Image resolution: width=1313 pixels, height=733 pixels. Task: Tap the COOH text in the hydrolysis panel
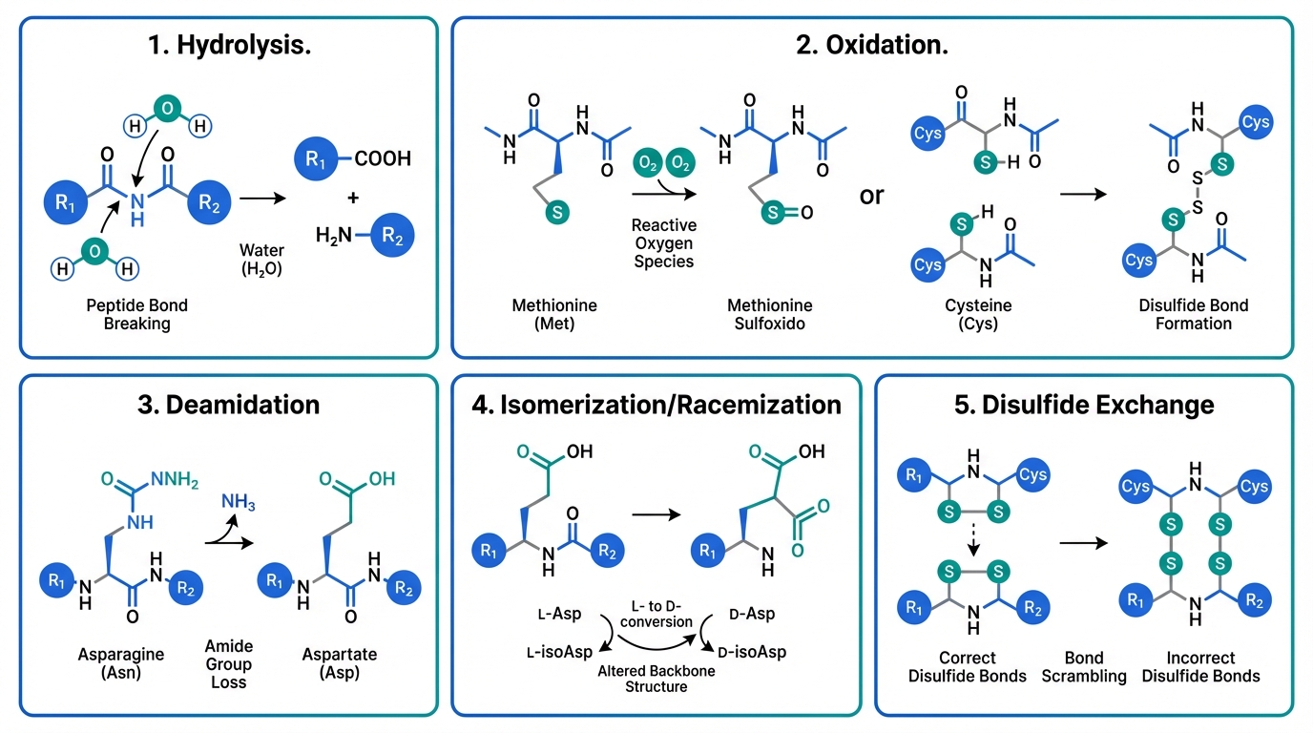[x=382, y=158]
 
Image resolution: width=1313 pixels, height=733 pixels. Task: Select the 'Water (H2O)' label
[x=261, y=260]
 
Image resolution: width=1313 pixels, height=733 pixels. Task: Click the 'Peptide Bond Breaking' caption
[x=137, y=314]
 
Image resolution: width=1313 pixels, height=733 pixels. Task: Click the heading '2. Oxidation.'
[x=872, y=45]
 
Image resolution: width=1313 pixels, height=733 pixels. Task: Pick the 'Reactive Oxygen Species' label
[x=664, y=242]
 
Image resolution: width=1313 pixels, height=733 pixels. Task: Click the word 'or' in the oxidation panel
[x=871, y=196]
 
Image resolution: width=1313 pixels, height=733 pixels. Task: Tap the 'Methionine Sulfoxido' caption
[x=770, y=314]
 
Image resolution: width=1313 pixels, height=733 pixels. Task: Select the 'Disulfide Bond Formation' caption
[x=1194, y=314]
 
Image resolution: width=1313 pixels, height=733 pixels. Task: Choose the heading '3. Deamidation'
[x=228, y=404]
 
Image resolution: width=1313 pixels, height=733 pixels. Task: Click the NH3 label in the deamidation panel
[x=239, y=501]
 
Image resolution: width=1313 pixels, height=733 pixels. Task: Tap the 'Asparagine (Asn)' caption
[x=121, y=663]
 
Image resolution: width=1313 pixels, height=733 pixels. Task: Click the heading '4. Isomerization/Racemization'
[x=656, y=404]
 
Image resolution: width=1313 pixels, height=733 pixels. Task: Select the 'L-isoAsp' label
[x=558, y=651]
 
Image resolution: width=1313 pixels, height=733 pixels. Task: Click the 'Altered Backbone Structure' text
[x=657, y=678]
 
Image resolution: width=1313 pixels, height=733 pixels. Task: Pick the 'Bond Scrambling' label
[x=1084, y=666]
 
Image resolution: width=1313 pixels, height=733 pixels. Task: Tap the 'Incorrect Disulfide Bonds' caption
[x=1200, y=666]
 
